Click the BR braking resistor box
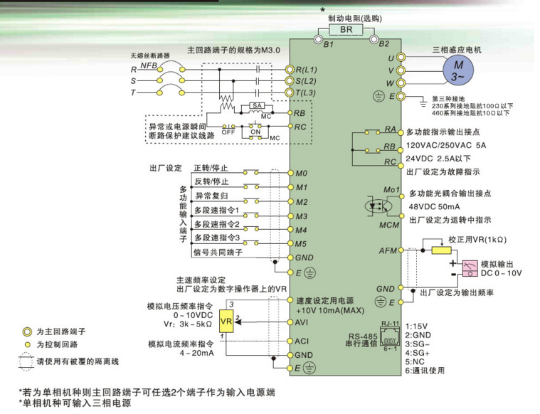tap(346, 31)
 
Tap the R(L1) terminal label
tap(307, 70)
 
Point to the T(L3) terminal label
tap(307, 93)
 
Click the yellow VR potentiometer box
tap(226, 321)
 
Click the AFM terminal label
tap(387, 250)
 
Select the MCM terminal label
tap(388, 225)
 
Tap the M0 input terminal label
tap(301, 173)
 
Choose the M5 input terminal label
tap(301, 244)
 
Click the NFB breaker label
tap(149, 65)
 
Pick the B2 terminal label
tap(384, 44)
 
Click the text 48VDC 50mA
tap(433, 206)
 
